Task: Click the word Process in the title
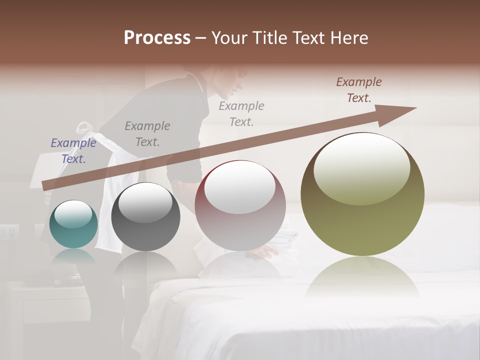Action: point(157,38)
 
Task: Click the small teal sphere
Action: point(73,225)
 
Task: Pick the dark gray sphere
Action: point(145,217)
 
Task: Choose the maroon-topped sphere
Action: point(240,206)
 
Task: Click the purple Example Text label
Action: point(73,151)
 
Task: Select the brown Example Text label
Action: point(359,90)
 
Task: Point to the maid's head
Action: point(227,82)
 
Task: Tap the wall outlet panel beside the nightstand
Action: point(9,231)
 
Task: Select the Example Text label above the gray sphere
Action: point(147,134)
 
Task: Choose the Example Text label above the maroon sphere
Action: point(241,113)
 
